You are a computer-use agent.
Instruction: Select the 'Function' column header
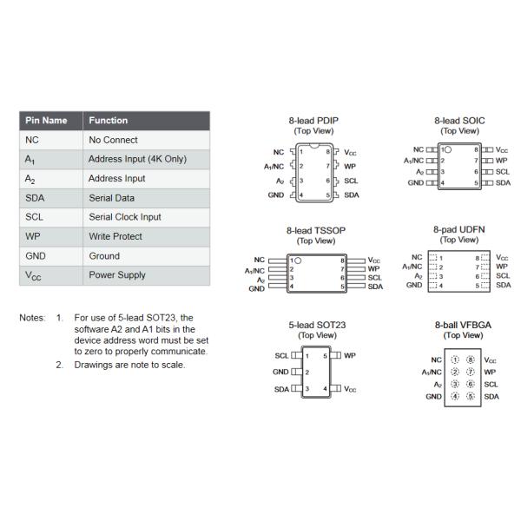[108, 121]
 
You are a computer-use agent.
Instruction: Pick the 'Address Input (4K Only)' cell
[137, 160]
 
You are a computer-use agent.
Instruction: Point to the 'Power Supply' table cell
[118, 275]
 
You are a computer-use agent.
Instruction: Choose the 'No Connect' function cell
[113, 140]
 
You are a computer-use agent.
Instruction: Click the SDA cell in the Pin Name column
[36, 198]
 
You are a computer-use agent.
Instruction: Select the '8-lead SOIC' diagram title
[459, 122]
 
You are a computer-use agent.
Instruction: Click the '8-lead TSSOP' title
[310, 231]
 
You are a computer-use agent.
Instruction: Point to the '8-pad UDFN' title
[459, 231]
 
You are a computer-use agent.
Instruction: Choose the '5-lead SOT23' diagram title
[317, 326]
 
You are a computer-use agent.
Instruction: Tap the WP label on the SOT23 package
[350, 356]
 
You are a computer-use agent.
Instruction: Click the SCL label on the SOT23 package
[281, 356]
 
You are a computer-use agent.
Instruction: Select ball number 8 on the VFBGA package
[471, 359]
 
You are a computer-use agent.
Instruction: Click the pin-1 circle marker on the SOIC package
[448, 150]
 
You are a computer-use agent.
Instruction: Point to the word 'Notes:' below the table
[32, 318]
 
